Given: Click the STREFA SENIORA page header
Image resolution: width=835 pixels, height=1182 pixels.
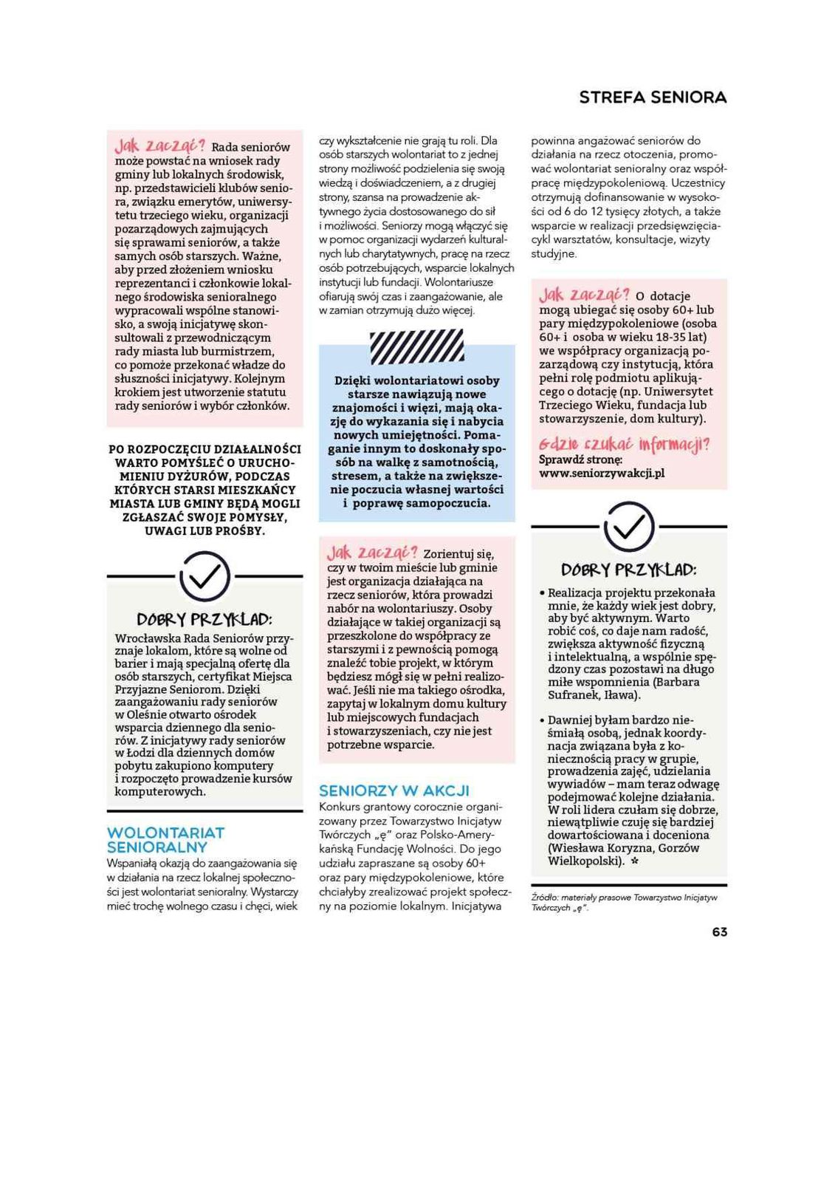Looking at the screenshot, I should pyautogui.click(x=653, y=98).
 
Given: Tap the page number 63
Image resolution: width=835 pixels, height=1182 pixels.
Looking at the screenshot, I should pyautogui.click(x=719, y=932).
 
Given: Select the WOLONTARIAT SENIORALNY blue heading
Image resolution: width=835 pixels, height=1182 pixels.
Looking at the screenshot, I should pyautogui.click(x=165, y=840).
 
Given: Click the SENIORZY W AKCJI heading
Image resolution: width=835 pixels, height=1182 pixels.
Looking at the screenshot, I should pyautogui.click(x=394, y=790).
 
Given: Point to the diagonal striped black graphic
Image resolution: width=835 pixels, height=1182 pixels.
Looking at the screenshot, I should pyautogui.click(x=416, y=347).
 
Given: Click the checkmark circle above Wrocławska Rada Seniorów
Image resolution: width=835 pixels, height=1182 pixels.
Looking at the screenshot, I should pyautogui.click(x=205, y=576).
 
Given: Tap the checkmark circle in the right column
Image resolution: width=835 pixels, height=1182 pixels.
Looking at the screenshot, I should pyautogui.click(x=629, y=526).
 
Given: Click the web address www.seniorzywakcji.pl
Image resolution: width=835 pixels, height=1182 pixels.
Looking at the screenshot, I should pyautogui.click(x=602, y=473).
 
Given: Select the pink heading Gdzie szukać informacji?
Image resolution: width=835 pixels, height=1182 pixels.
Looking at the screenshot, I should pyautogui.click(x=624, y=444).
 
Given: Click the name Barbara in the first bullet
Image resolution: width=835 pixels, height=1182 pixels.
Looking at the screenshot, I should pyautogui.click(x=676, y=682).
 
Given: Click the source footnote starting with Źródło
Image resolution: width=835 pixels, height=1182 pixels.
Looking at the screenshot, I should pyautogui.click(x=624, y=902).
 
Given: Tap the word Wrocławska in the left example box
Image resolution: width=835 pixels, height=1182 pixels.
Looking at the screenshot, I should pyautogui.click(x=146, y=638).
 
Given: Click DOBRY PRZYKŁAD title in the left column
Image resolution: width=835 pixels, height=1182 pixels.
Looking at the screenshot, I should pyautogui.click(x=205, y=619).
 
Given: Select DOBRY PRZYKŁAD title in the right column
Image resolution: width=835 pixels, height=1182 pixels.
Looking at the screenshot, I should pyautogui.click(x=629, y=570).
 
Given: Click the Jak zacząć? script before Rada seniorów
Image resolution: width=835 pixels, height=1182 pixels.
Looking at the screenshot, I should pyautogui.click(x=159, y=145).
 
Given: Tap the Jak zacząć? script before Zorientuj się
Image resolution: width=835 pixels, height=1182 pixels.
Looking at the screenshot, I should pyautogui.click(x=371, y=553).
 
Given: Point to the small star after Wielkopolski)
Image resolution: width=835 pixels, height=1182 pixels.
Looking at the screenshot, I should pyautogui.click(x=635, y=861).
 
